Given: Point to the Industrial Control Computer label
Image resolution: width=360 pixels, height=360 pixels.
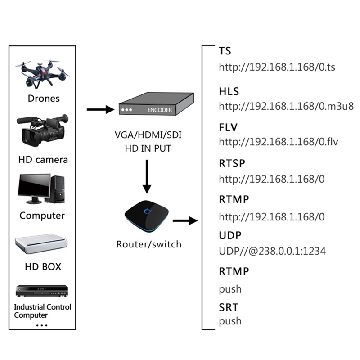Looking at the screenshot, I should [x=42, y=311].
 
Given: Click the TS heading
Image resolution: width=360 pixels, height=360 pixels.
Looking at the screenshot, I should [x=225, y=51].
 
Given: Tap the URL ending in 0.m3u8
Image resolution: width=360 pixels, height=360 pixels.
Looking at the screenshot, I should [x=286, y=106].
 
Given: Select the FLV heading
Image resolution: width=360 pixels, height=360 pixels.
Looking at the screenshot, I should [x=228, y=127].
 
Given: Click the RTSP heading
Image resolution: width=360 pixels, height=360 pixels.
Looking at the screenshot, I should [x=232, y=163].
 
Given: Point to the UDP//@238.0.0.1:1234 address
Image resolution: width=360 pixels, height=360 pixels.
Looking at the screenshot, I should [x=272, y=251].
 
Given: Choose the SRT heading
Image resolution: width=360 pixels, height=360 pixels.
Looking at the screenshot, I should [x=229, y=308].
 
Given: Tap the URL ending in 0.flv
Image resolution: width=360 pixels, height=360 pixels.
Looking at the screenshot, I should [x=279, y=142].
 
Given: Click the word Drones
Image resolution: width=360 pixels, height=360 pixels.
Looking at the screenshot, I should [x=43, y=98].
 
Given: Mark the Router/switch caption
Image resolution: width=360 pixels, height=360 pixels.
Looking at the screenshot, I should [x=148, y=244].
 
